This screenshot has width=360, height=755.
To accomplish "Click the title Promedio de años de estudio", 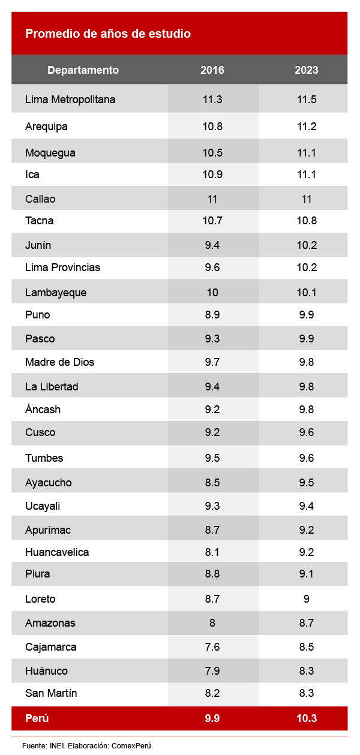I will pyautogui.click(x=108, y=34).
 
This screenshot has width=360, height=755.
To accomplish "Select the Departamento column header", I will pyautogui.click(x=83, y=70).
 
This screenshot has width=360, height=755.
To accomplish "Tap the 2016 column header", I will pyautogui.click(x=212, y=70).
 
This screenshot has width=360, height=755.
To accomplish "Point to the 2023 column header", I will pyautogui.click(x=307, y=70).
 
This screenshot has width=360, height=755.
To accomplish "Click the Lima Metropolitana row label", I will pyautogui.click(x=70, y=100).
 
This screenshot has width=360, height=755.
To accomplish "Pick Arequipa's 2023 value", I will pyautogui.click(x=307, y=127).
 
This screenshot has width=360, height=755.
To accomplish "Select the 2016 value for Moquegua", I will pyautogui.click(x=212, y=153).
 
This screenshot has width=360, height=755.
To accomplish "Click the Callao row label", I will pyautogui.click(x=40, y=199).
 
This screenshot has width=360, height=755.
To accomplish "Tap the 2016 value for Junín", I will pyautogui.click(x=212, y=245).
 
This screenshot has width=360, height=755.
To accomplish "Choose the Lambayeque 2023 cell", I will pyautogui.click(x=307, y=293).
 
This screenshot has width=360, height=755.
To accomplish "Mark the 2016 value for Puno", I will pyautogui.click(x=212, y=315).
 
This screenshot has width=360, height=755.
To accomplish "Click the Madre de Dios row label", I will pyautogui.click(x=59, y=362).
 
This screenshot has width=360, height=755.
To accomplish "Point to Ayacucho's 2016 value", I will pyautogui.click(x=212, y=483).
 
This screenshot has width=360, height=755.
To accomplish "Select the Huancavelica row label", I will pyautogui.click(x=57, y=552).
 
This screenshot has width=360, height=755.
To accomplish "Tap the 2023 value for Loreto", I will pyautogui.click(x=307, y=598).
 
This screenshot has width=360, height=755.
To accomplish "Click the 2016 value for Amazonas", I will pyautogui.click(x=212, y=623).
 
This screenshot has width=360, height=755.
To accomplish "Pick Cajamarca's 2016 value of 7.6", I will pyautogui.click(x=212, y=647).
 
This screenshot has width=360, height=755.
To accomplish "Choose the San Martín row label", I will pyautogui.click(x=51, y=693).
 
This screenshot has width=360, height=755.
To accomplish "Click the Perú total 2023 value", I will pyautogui.click(x=307, y=718).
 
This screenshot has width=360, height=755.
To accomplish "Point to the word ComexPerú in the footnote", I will pyautogui.click(x=133, y=745).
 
